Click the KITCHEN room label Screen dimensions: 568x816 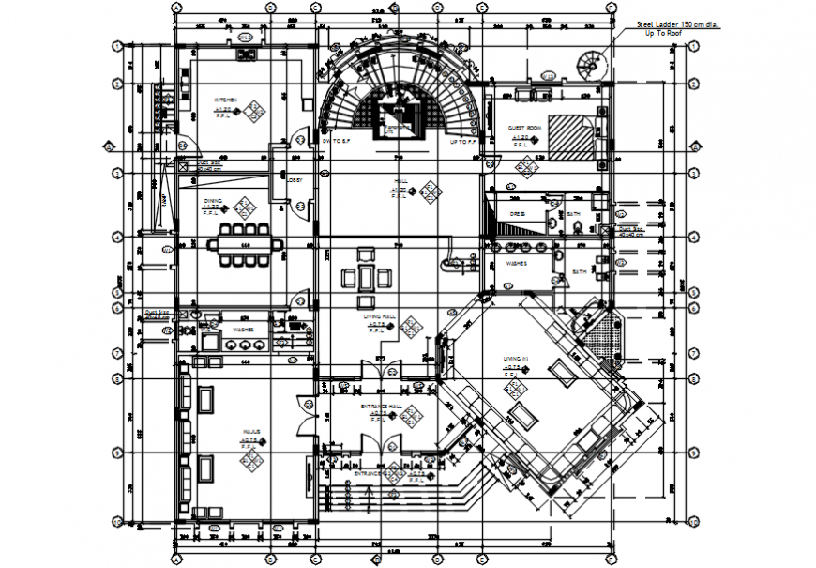click(x=225, y=100)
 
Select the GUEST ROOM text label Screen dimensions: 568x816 click(x=524, y=128)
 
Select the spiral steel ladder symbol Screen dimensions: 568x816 click(x=593, y=65)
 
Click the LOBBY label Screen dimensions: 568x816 click(x=294, y=179)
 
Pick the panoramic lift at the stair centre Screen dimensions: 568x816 click(x=400, y=118)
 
